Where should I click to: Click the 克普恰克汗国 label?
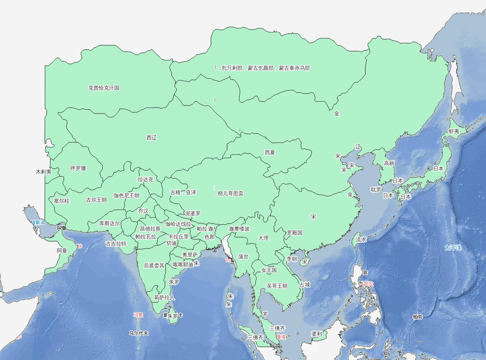pyautogui.click(x=104, y=88)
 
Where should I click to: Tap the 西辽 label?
pyautogui.click(x=151, y=138)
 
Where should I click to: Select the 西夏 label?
pyautogui.click(x=270, y=152)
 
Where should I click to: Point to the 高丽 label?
pyautogui.click(x=389, y=163)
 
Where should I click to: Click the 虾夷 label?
pyautogui.click(x=454, y=131)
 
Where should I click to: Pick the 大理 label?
pyautogui.click(x=263, y=238)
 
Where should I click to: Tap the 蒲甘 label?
pyautogui.click(x=243, y=257)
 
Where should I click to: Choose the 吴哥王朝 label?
pyautogui.click(x=277, y=286)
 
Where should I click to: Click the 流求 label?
pyautogui.click(x=361, y=240)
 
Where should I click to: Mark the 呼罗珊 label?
pyautogui.click(x=78, y=168)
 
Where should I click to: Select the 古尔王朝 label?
pyautogui.click(x=96, y=200)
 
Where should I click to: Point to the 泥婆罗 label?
pyautogui.click(x=193, y=213)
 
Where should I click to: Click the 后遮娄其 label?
pyautogui.click(x=154, y=265)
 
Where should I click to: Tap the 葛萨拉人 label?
pyautogui.click(x=164, y=298)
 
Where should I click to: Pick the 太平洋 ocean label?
pyautogui.click(x=453, y=248)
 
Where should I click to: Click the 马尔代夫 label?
pyautogui.click(x=139, y=333)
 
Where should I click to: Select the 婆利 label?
pyautogui.click(x=317, y=334)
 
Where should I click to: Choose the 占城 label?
pyautogui.click(x=305, y=285)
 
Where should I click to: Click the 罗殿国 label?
pyautogui.click(x=295, y=232)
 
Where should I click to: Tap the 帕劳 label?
pyautogui.click(x=417, y=317)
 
